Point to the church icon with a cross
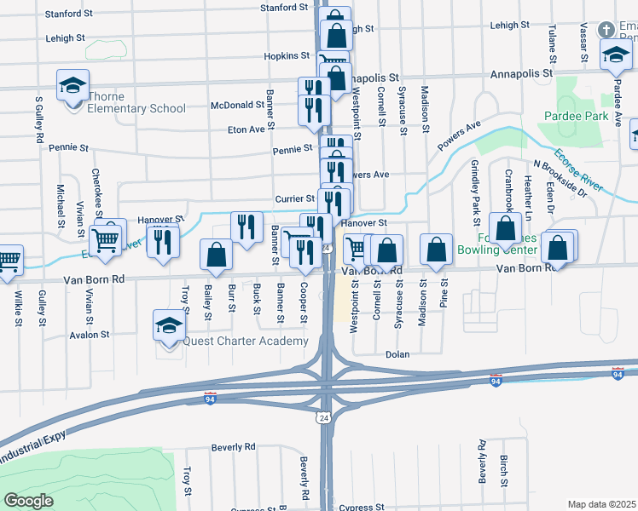point(606,30)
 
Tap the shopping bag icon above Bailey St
point(216,255)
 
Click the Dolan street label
point(397,354)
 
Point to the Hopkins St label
point(287,55)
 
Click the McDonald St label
point(238,106)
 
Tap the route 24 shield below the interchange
point(323,418)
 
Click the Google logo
point(28,500)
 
